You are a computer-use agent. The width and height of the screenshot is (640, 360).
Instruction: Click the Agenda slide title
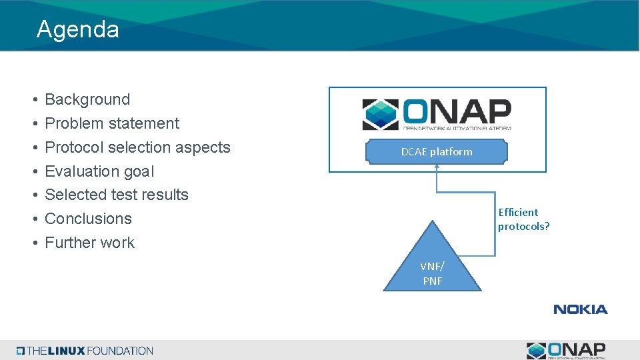(x=78, y=29)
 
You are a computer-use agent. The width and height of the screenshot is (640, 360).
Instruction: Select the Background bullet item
(x=87, y=99)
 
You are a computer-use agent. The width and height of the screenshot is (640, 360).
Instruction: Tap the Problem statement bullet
(x=112, y=123)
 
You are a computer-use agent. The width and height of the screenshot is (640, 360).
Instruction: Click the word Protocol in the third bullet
(x=73, y=147)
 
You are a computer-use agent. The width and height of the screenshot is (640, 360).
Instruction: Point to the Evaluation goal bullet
(x=99, y=171)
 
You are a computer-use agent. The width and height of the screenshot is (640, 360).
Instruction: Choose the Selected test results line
(x=117, y=195)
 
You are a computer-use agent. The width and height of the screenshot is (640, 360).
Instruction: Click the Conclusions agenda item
(x=88, y=219)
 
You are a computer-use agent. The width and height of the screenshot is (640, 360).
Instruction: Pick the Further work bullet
(x=89, y=243)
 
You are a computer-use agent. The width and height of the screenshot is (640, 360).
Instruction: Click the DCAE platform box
(x=437, y=152)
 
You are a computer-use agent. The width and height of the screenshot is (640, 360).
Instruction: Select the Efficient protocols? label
(x=523, y=219)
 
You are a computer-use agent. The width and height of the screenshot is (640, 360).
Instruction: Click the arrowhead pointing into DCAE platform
(x=437, y=167)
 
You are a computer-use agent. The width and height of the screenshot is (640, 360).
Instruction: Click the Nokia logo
(x=580, y=309)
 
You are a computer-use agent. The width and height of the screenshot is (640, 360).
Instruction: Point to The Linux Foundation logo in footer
(x=85, y=351)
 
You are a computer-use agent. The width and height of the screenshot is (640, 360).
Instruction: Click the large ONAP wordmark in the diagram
(x=457, y=112)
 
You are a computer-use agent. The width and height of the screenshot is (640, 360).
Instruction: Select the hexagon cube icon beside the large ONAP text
(x=381, y=115)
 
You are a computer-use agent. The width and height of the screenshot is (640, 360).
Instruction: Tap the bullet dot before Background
(x=33, y=100)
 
